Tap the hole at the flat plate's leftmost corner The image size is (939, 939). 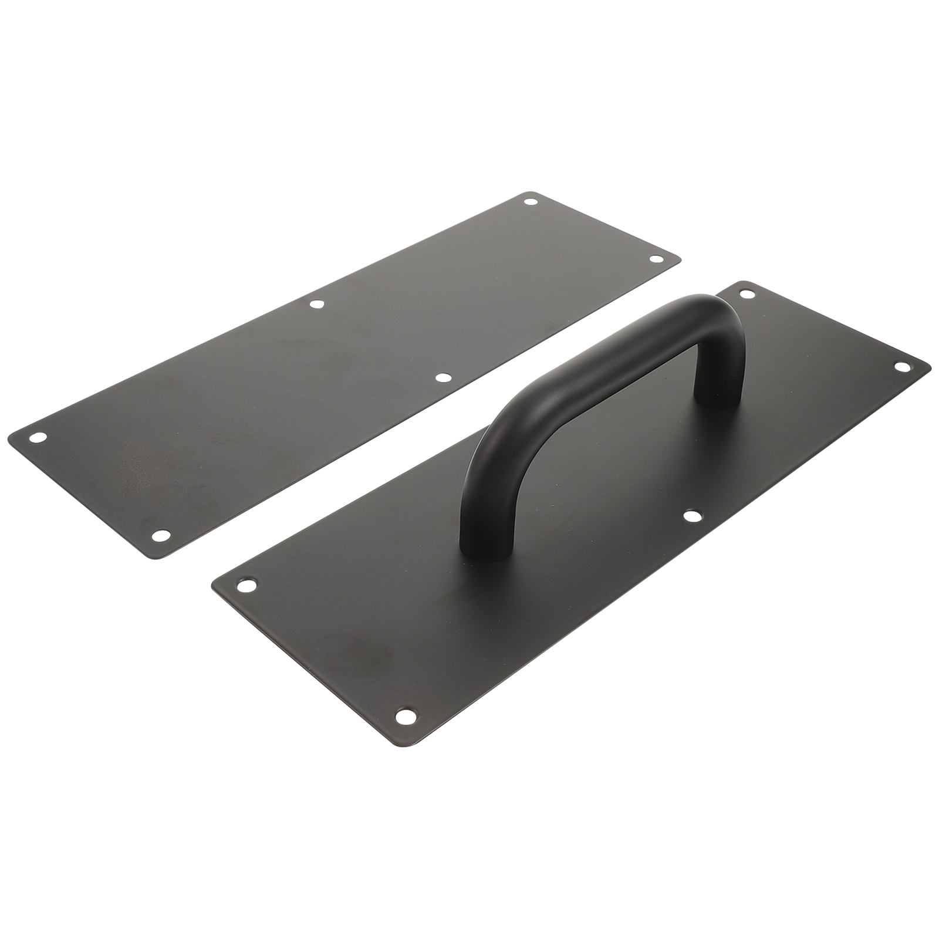pos(39,437)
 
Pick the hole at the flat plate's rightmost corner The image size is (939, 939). pos(655,258)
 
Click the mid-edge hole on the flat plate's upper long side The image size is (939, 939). pos(317,304)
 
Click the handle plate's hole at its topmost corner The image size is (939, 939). pos(747,293)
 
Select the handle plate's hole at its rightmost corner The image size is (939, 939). pos(901,366)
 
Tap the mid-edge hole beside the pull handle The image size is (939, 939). pos(693,516)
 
